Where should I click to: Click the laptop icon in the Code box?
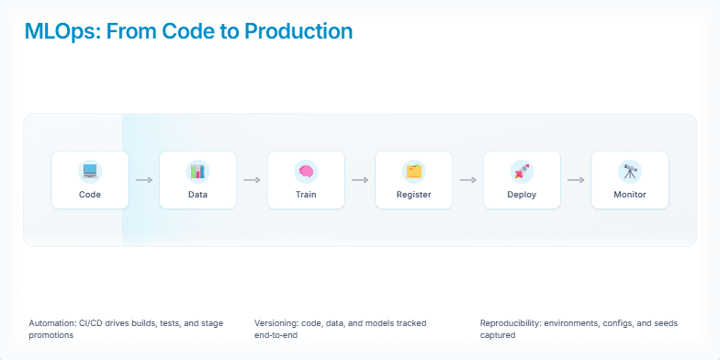(90, 171)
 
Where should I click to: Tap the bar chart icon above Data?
(197, 171)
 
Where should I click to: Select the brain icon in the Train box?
(306, 171)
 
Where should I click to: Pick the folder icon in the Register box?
(414, 171)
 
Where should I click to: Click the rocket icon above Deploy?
(522, 171)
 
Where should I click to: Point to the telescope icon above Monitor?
(630, 171)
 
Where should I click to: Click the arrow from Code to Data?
(144, 180)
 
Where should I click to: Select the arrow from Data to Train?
(252, 180)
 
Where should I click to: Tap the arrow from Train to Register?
(360, 180)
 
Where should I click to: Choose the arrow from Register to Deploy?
(468, 180)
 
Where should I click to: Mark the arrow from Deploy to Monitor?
(576, 180)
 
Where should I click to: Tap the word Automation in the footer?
(52, 323)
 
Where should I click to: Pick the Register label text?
(414, 195)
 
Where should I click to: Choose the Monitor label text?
(630, 195)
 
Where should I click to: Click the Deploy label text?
(522, 195)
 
